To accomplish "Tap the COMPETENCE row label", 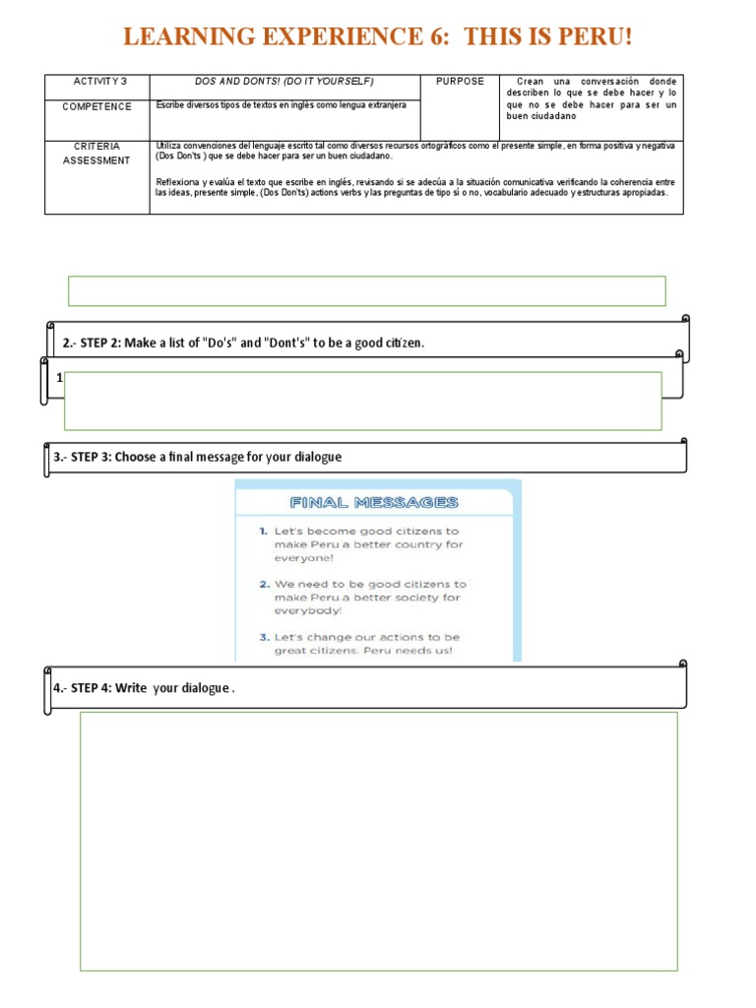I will point(96,106).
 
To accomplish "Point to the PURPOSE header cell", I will point(460,82).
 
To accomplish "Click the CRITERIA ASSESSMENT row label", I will point(96,154).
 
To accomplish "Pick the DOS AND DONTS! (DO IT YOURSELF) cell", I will point(284,82).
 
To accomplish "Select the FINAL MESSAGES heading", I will point(374,503).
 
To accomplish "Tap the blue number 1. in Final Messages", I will point(263,531).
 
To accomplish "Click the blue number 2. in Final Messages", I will point(264,584).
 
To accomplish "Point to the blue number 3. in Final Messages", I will point(264,637).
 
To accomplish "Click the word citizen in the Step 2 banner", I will point(402,344).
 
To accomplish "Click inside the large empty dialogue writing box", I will point(378,842).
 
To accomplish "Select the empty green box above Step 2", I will point(366,291).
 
